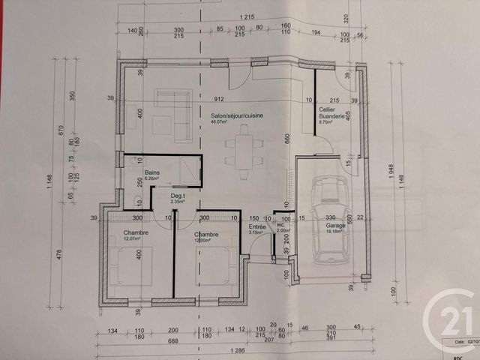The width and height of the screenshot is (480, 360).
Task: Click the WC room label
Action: point(281,226)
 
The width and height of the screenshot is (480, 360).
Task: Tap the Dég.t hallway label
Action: point(177,197)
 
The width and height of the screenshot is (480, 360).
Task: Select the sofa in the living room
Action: point(175,115)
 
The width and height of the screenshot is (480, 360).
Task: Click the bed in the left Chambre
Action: point(135,267)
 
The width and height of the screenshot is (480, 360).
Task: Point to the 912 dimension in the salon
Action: point(219,99)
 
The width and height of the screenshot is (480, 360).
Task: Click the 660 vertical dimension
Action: point(286,138)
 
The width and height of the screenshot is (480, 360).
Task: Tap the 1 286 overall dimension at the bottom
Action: point(238,351)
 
